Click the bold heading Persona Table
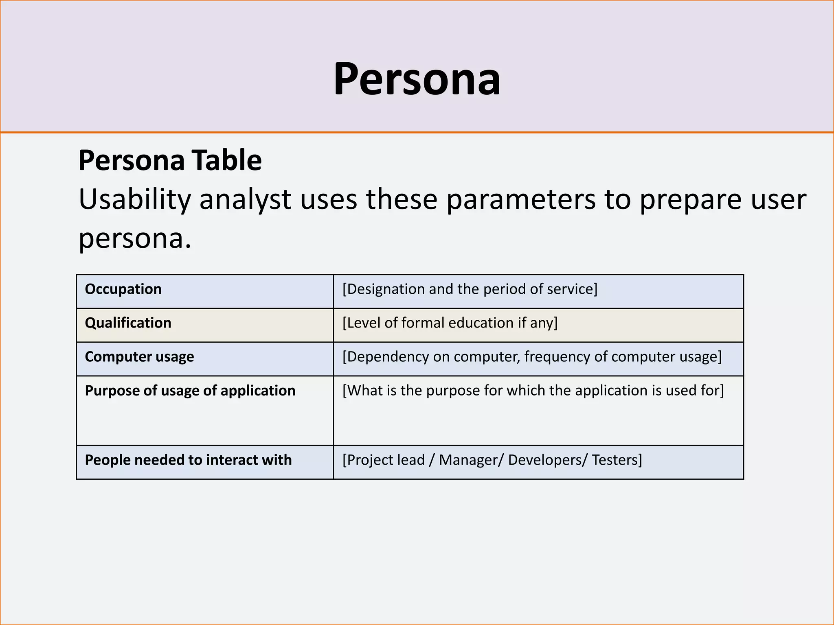coord(170,160)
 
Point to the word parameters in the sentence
coord(521,200)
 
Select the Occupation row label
coord(123,289)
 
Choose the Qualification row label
coord(128,323)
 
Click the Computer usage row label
coord(139,357)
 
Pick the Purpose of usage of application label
coord(190,391)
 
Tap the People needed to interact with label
coord(188,460)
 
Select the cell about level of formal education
coord(450,323)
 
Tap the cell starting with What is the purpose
coord(533,391)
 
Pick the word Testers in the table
coord(615,460)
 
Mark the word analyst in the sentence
coord(245,200)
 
